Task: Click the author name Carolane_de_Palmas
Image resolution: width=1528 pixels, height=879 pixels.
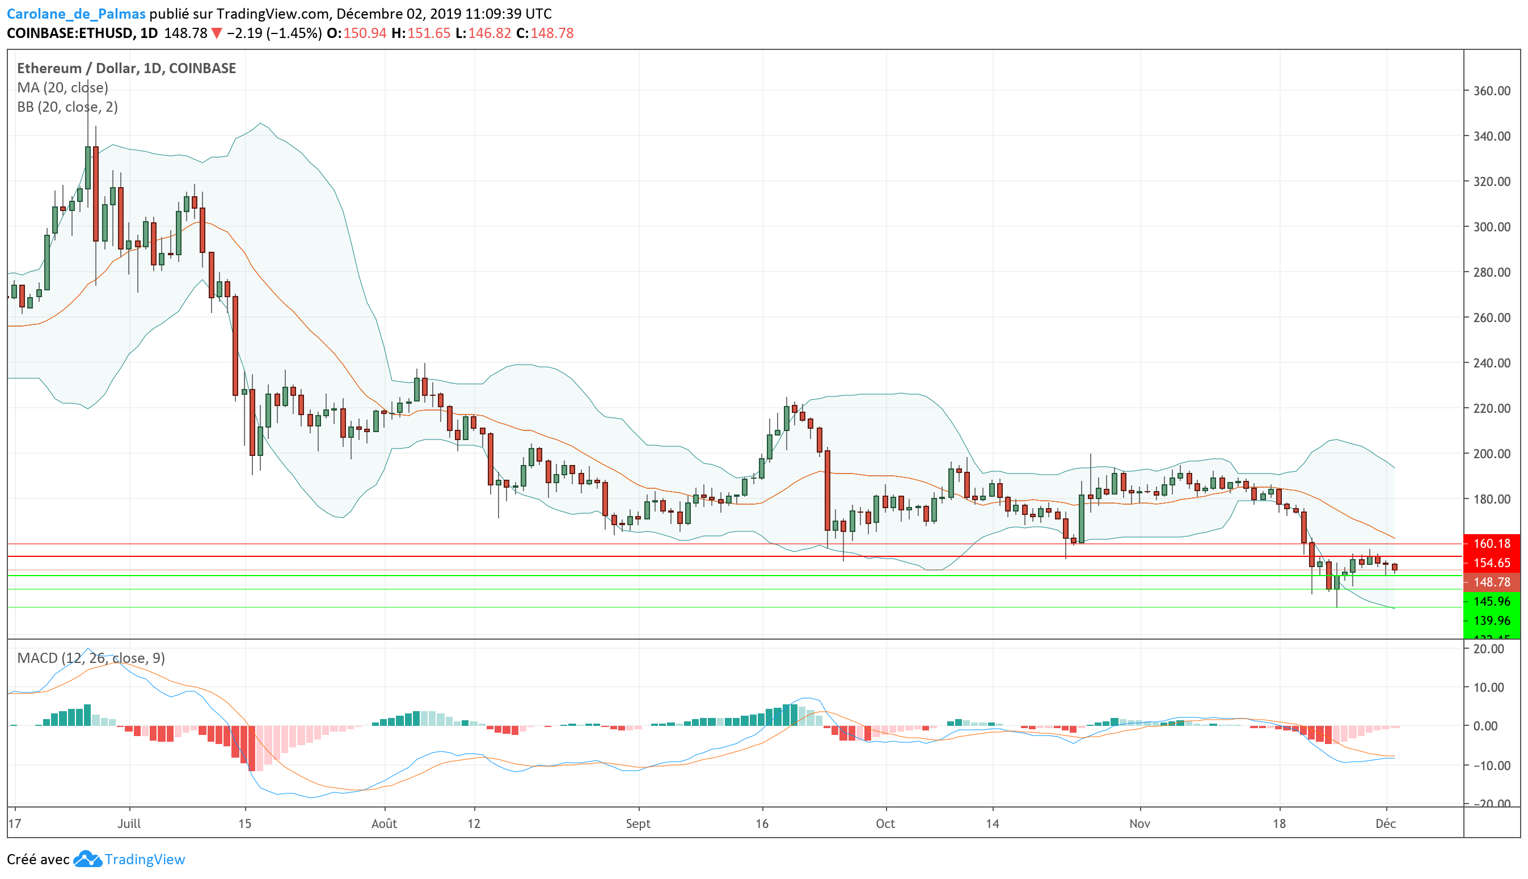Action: tap(76, 13)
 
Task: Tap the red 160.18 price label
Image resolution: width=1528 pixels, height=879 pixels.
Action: tap(1491, 543)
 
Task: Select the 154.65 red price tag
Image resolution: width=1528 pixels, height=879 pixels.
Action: tap(1491, 563)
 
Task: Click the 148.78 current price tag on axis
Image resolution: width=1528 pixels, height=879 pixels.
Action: tap(1491, 582)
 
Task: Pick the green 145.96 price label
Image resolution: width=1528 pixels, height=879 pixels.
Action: tap(1491, 601)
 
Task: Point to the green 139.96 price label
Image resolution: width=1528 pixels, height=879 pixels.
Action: tap(1491, 620)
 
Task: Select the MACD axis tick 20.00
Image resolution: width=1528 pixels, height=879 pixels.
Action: tap(1489, 649)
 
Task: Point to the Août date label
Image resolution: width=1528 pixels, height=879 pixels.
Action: tap(384, 824)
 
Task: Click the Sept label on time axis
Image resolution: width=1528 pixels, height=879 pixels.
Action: tap(638, 824)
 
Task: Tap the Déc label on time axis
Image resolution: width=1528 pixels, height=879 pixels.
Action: tap(1386, 824)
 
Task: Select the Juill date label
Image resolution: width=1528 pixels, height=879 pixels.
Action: tap(129, 824)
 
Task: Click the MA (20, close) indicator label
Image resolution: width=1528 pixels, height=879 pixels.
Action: tap(63, 87)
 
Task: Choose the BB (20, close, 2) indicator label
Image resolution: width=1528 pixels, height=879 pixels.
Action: tap(67, 107)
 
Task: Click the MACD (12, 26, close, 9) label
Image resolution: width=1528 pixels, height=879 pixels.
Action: tap(91, 658)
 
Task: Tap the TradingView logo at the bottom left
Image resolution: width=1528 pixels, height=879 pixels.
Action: tap(129, 859)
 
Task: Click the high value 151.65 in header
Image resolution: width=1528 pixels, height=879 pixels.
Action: tap(429, 33)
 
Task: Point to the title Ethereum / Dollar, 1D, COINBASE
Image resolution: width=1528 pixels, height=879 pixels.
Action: tap(126, 68)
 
